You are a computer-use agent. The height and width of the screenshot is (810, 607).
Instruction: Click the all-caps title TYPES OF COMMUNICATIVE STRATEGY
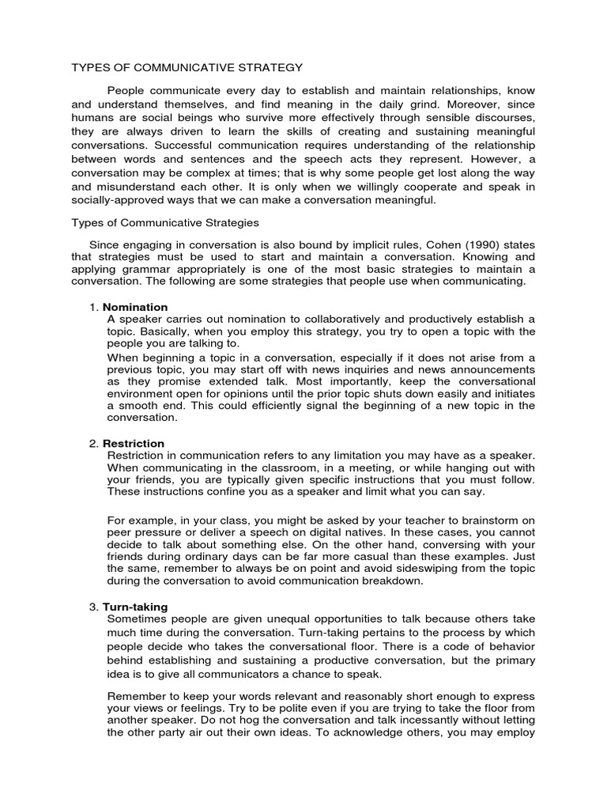point(187,68)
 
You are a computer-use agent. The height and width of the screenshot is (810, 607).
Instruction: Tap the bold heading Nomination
point(135,307)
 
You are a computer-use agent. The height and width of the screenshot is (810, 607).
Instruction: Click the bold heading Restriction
point(134,444)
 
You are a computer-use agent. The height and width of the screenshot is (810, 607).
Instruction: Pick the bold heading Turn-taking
point(135,607)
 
